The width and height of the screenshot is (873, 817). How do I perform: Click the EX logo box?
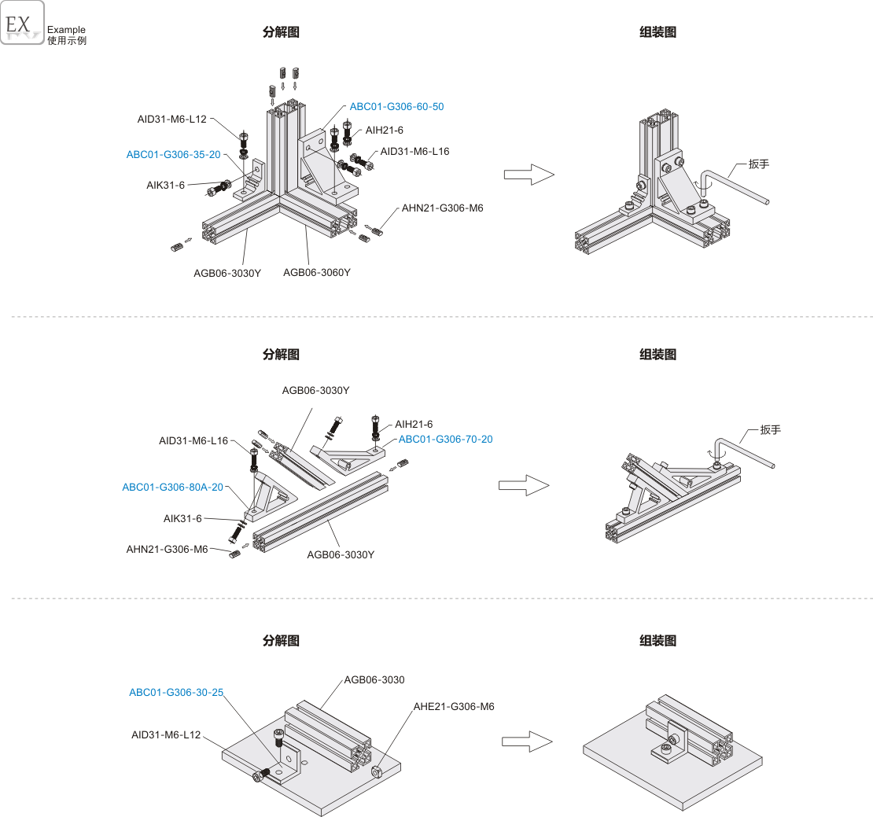pos(22,22)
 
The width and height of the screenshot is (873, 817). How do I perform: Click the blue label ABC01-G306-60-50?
pos(396,106)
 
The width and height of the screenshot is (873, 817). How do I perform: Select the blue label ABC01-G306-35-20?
pos(173,154)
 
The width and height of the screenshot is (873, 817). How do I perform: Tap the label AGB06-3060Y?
pos(317,272)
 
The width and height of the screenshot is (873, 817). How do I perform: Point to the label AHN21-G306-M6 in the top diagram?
pos(443,208)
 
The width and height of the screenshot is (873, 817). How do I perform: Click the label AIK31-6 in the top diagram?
pos(165,185)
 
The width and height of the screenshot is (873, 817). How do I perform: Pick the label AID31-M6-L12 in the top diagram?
pos(171,119)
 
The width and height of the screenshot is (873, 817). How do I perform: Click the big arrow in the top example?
pos(529,175)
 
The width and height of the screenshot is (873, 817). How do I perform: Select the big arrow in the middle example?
pos(523,485)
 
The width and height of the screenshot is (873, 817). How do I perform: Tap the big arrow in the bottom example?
pos(527,742)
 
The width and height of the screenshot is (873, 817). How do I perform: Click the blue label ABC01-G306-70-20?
pos(445,439)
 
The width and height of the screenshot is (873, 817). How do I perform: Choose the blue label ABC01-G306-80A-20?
pos(172,487)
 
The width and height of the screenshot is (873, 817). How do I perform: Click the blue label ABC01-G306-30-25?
pos(176,692)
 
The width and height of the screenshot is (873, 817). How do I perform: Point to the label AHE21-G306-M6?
pos(454,706)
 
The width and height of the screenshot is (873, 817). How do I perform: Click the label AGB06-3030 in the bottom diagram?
pos(374,679)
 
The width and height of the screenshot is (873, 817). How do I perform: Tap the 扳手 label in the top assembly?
pos(759,164)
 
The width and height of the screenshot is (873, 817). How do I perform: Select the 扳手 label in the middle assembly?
pos(771,429)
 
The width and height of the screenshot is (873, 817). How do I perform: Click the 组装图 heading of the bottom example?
pos(658,641)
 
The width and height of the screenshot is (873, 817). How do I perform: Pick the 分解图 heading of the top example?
pos(281,32)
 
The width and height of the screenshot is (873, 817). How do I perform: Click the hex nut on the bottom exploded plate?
pos(376,771)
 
